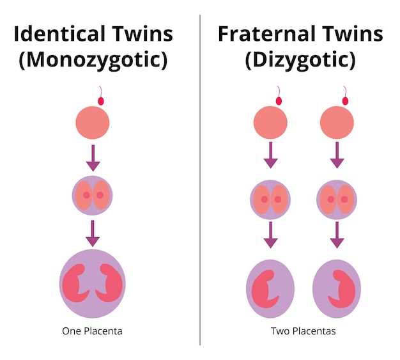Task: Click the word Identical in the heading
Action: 59,33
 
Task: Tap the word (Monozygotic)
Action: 93,60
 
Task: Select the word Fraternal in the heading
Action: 266,33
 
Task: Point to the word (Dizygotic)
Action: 300,60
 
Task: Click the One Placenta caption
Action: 92,331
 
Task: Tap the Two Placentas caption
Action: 303,331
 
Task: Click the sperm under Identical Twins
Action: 101,96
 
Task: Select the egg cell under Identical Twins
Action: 93,123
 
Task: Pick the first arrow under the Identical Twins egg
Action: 93,158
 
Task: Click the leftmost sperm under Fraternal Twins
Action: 279,96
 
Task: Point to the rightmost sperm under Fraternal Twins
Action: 345,96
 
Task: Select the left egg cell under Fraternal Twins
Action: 270,123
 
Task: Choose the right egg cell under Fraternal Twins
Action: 337,123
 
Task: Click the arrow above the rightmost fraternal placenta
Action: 337,235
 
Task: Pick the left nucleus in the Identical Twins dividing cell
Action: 86,195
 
